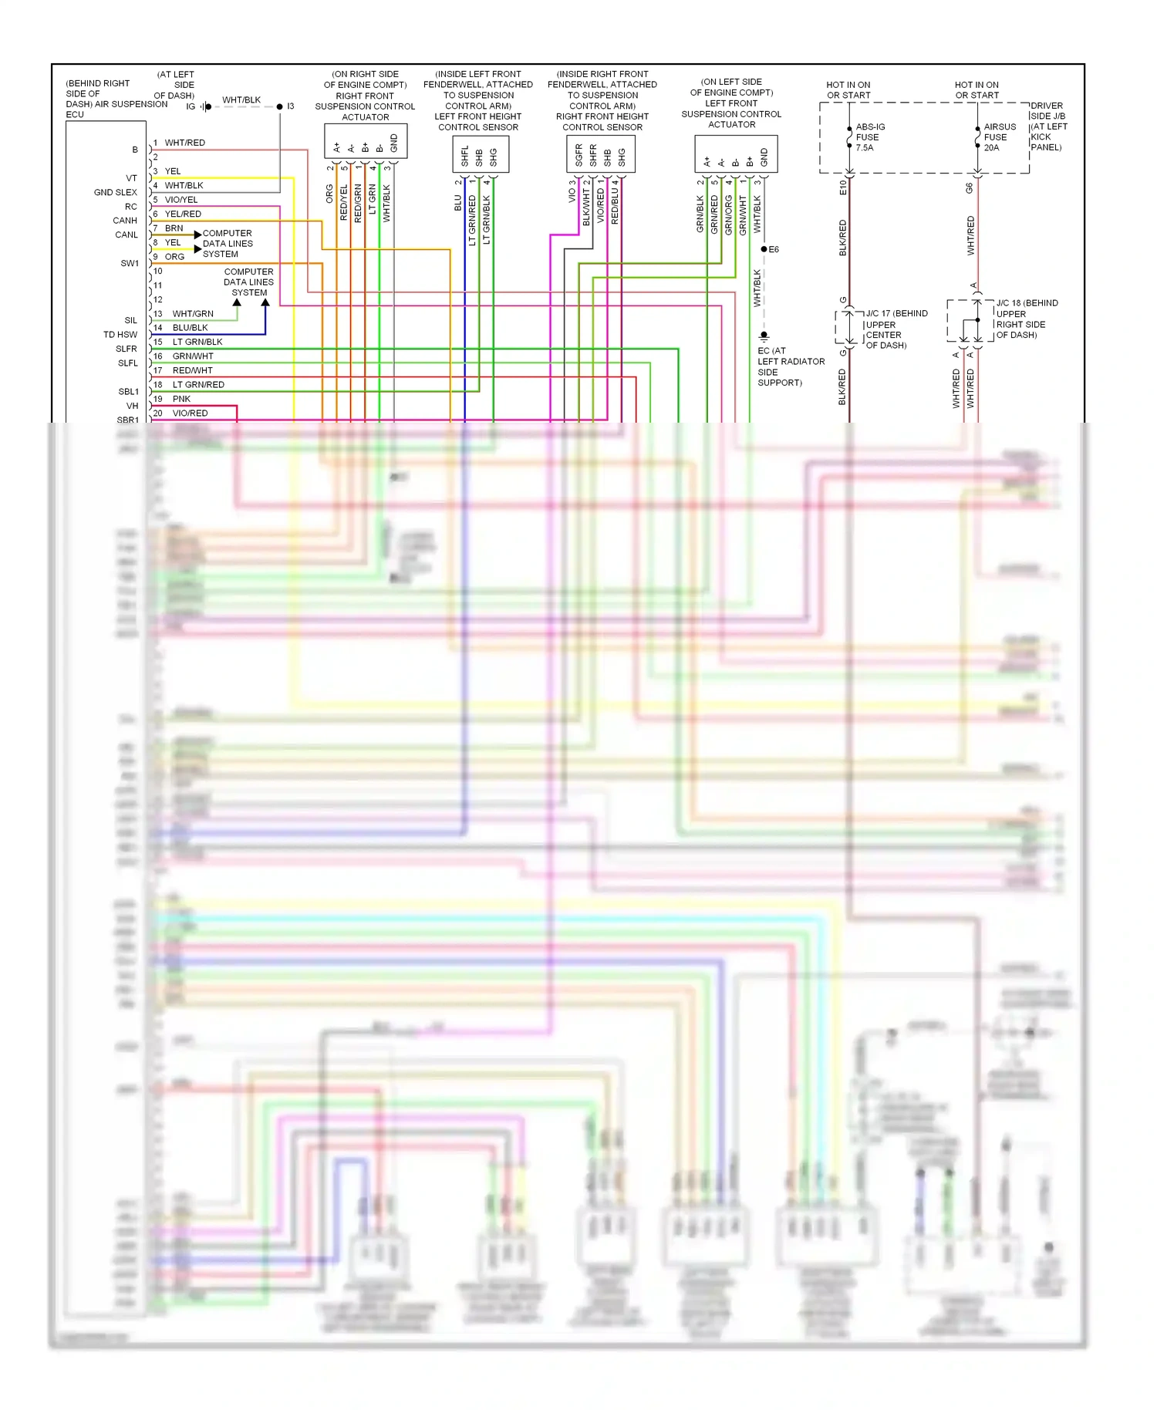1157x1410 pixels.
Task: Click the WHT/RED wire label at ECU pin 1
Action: point(184,143)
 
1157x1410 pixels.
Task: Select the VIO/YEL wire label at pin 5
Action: point(180,200)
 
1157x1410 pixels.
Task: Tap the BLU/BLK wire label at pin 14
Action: point(190,328)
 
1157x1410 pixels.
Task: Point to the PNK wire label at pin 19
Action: point(181,399)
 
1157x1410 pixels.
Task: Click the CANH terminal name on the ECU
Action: point(125,221)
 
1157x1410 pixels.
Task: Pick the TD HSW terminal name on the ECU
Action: point(120,335)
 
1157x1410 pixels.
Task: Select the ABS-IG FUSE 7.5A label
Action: point(869,137)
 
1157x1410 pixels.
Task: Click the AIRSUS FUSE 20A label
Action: point(999,137)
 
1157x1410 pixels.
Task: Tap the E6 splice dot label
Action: point(774,249)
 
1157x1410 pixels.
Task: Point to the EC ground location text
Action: point(791,366)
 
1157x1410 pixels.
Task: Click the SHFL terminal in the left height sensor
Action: point(464,156)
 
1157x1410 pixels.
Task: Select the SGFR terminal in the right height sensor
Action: point(578,156)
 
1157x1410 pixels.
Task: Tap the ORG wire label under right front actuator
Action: point(330,194)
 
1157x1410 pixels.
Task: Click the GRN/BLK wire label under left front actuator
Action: point(700,214)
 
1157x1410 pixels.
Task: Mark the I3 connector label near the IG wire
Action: point(290,106)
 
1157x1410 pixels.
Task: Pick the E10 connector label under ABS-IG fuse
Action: point(843,187)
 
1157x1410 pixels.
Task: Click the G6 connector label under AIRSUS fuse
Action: point(970,187)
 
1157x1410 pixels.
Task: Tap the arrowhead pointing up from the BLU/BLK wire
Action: point(265,303)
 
